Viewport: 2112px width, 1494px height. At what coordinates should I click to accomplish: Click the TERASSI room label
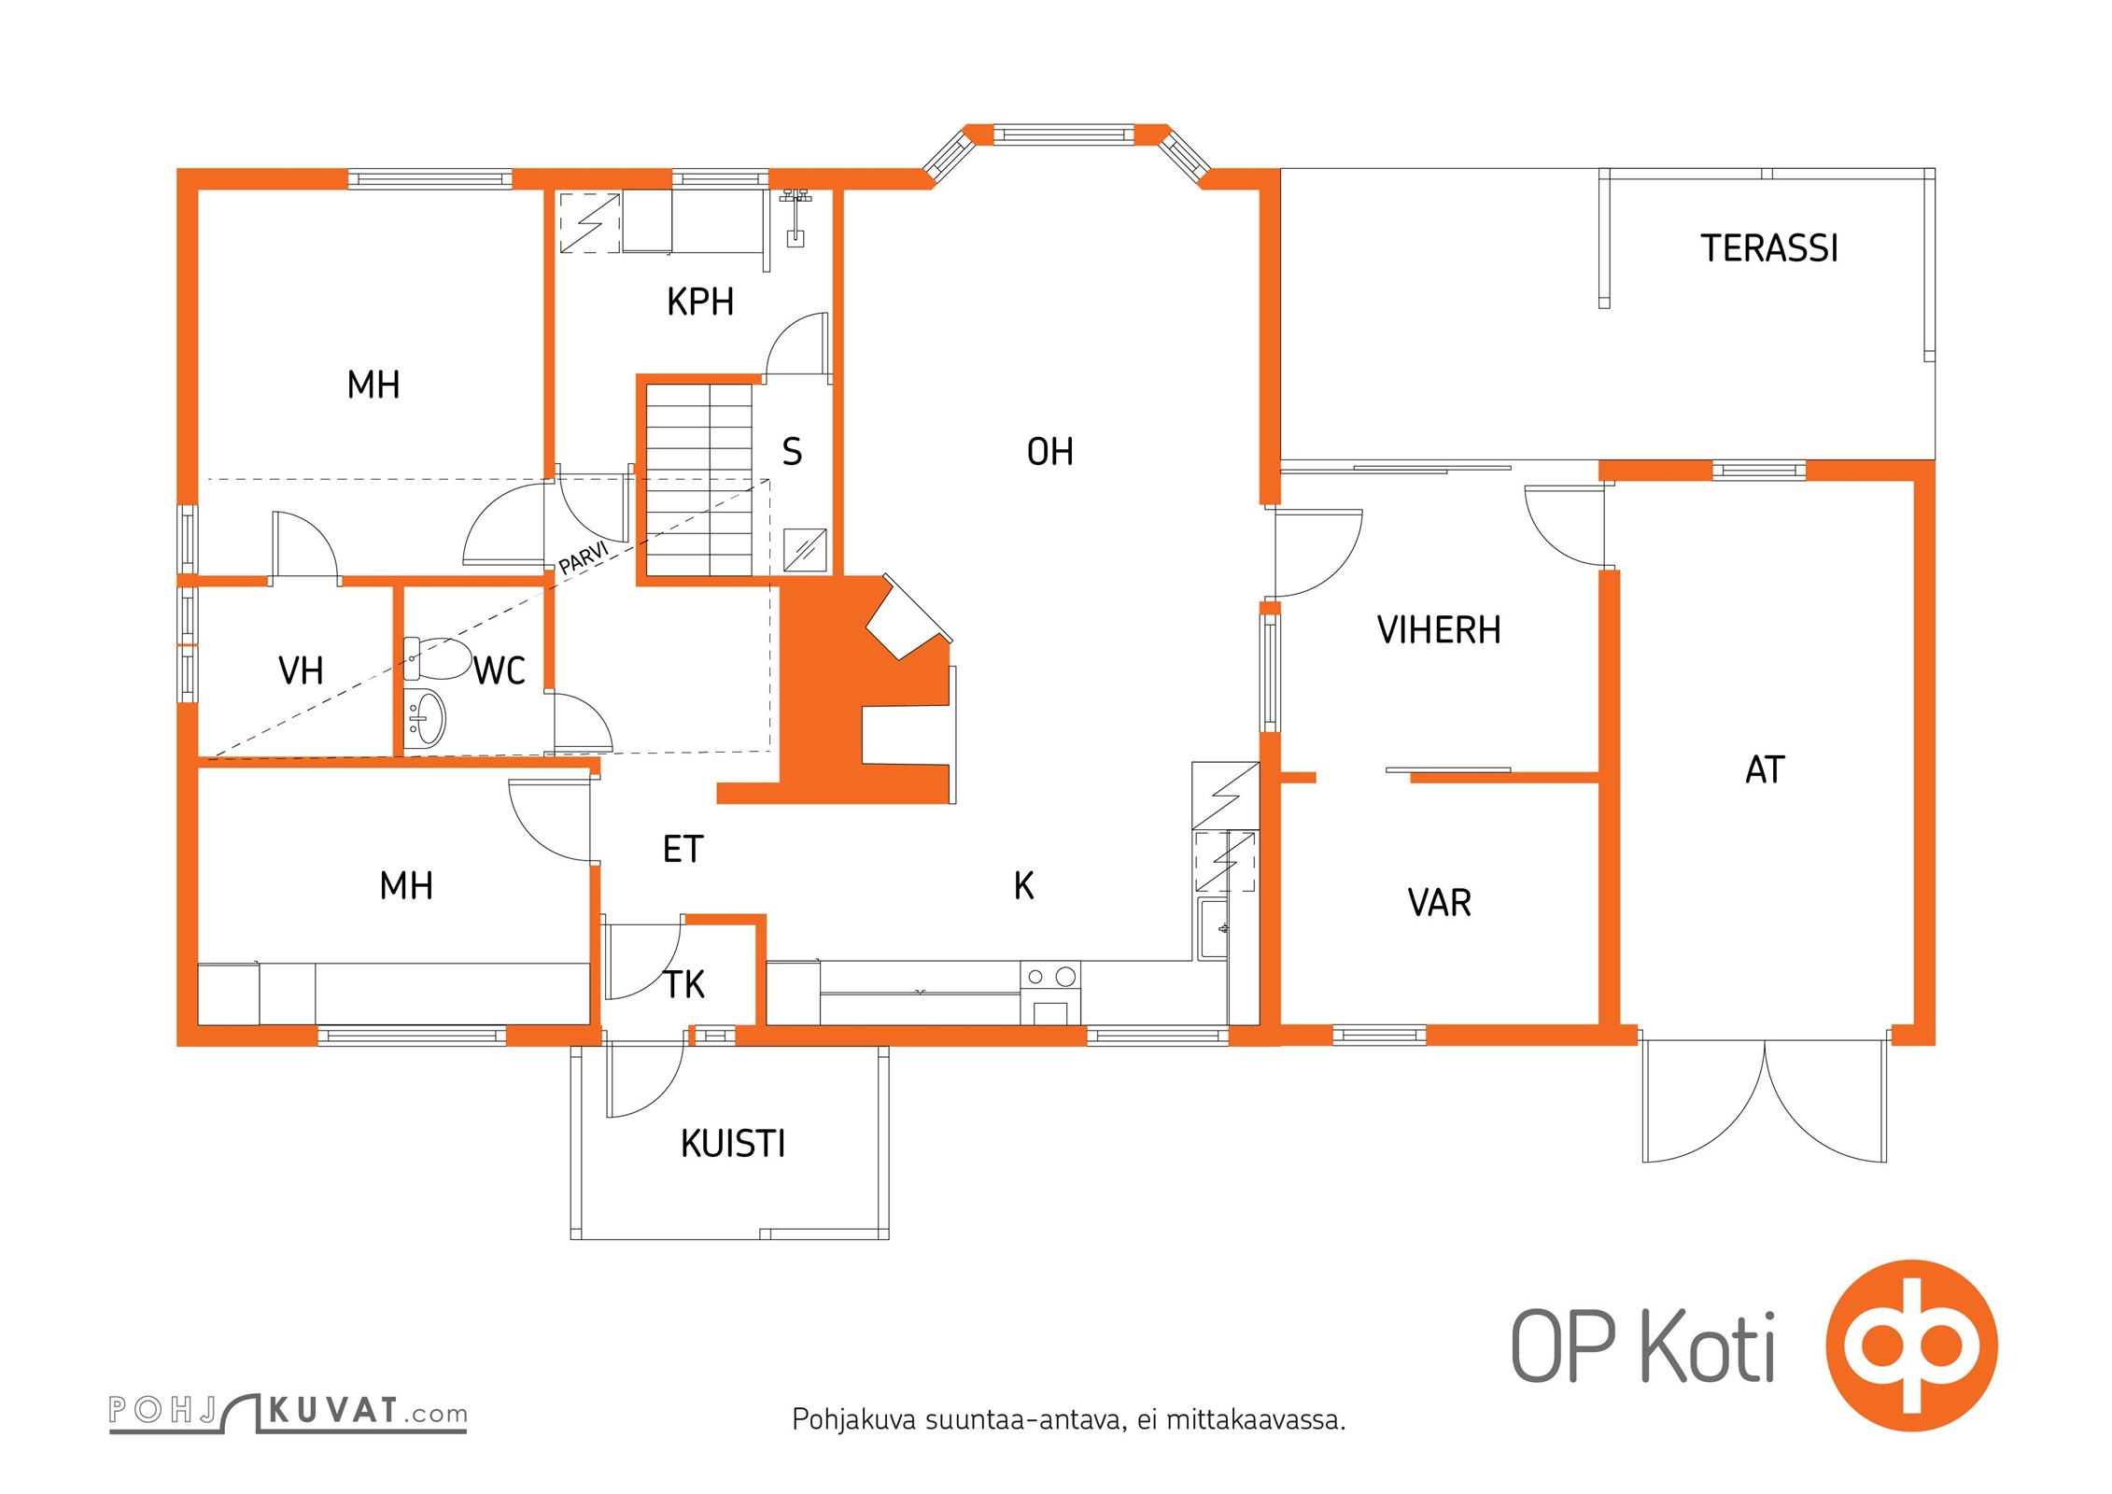[x=1768, y=248]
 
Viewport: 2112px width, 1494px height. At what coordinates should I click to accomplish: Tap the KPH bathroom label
[x=700, y=302]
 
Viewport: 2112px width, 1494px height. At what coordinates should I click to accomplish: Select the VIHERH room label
[x=1439, y=630]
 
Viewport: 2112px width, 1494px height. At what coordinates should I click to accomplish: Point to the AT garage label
[x=1765, y=769]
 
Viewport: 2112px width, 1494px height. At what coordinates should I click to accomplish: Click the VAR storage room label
[x=1439, y=903]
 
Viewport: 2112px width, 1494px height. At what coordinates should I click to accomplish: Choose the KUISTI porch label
[x=733, y=1144]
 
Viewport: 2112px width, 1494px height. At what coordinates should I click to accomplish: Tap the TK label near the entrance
[x=683, y=984]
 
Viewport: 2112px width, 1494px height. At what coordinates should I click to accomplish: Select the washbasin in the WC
[x=425, y=718]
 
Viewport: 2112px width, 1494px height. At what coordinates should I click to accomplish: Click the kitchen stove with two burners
[x=1050, y=993]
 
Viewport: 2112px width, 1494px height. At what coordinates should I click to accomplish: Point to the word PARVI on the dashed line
[x=584, y=557]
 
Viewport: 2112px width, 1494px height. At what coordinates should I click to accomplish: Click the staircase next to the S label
[x=699, y=480]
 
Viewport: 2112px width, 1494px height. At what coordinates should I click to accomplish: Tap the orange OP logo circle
[x=1911, y=1346]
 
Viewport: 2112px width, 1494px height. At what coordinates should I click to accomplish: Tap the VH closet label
[x=301, y=670]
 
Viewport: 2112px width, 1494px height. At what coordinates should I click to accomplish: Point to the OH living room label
[x=1049, y=452]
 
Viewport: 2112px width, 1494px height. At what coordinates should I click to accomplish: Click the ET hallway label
[x=683, y=849]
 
